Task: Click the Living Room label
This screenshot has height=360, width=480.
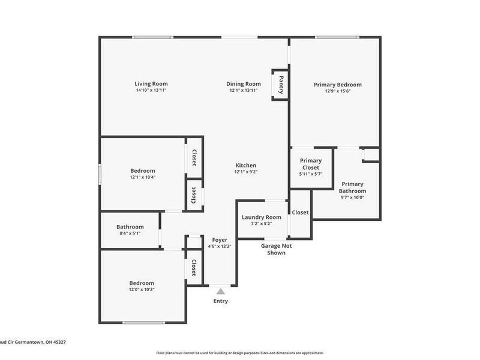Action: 151,84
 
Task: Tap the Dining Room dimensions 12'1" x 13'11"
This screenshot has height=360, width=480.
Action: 243,91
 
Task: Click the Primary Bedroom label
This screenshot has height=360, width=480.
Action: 338,85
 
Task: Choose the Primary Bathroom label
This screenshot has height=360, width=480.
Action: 353,187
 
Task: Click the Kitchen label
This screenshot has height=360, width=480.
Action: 245,166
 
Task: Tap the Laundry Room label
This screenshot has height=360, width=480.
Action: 261,217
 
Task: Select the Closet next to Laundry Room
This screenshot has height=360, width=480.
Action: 300,212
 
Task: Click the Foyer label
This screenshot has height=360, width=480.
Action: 220,240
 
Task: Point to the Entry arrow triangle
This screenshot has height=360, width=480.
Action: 220,292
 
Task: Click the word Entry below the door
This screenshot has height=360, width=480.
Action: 221,301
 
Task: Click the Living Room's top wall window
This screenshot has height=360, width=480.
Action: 153,37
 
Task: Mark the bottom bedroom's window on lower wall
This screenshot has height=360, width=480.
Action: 144,323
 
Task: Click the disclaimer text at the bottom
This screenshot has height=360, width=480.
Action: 240,353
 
